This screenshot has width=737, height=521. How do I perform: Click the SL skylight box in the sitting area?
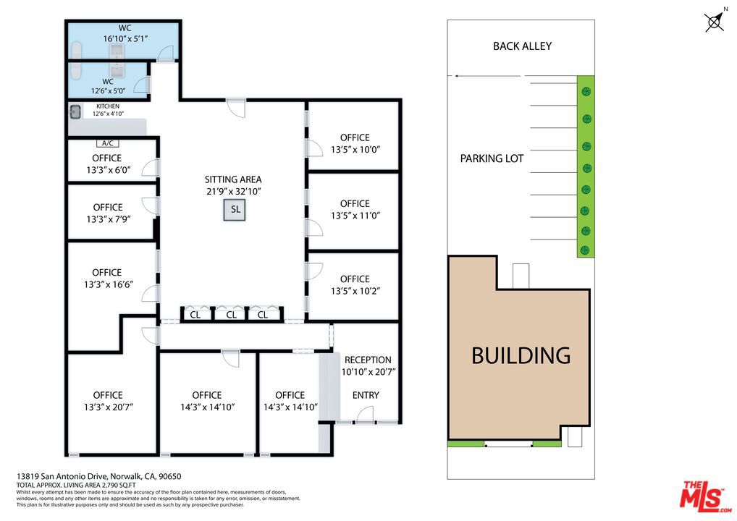point(235,210)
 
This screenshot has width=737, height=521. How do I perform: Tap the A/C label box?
point(108,143)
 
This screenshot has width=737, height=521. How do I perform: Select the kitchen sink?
point(75,112)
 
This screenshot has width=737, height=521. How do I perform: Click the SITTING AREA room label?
point(233,179)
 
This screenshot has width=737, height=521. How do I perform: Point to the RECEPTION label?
point(368,360)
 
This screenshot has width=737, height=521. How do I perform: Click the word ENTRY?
point(366,395)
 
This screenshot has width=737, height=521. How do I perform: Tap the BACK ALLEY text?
point(522,46)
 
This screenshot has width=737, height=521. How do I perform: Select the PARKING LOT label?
point(492,158)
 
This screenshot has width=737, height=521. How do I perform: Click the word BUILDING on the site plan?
point(521,355)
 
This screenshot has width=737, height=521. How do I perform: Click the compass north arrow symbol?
point(715,22)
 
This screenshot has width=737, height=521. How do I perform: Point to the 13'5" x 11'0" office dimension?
point(355,216)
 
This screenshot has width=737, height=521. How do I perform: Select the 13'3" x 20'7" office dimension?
point(109,407)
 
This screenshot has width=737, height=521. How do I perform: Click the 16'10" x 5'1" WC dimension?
point(125,38)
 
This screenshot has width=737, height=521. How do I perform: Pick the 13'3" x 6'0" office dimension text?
point(109,169)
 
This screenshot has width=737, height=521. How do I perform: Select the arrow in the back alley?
point(487,76)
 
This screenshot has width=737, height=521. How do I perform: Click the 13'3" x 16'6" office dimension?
point(109,284)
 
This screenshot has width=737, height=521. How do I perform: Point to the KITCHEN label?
point(108,106)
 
